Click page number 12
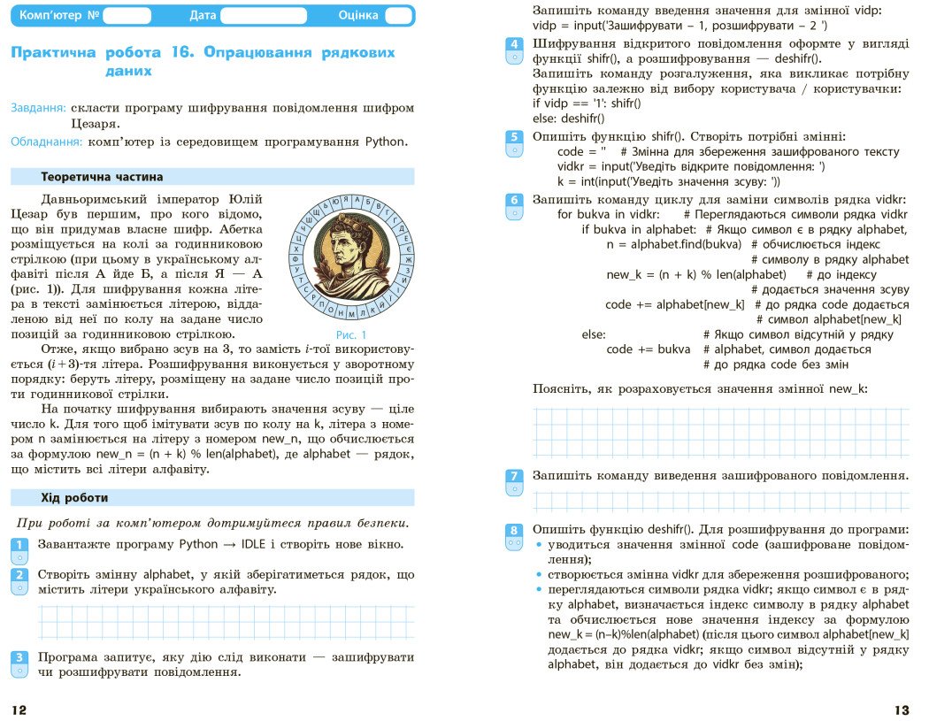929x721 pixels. [19, 709]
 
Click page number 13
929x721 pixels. [901, 709]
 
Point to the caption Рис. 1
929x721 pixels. [351, 334]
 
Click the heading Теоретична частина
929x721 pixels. [102, 177]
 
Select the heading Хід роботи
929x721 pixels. [74, 497]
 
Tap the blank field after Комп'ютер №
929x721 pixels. [127, 15]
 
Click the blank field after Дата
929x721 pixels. [263, 15]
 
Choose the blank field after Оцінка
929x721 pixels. [398, 15]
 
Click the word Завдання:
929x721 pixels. [38, 108]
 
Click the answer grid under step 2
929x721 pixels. [226, 623]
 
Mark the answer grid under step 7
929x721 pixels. [720, 502]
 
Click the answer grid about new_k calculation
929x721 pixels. [720, 431]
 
